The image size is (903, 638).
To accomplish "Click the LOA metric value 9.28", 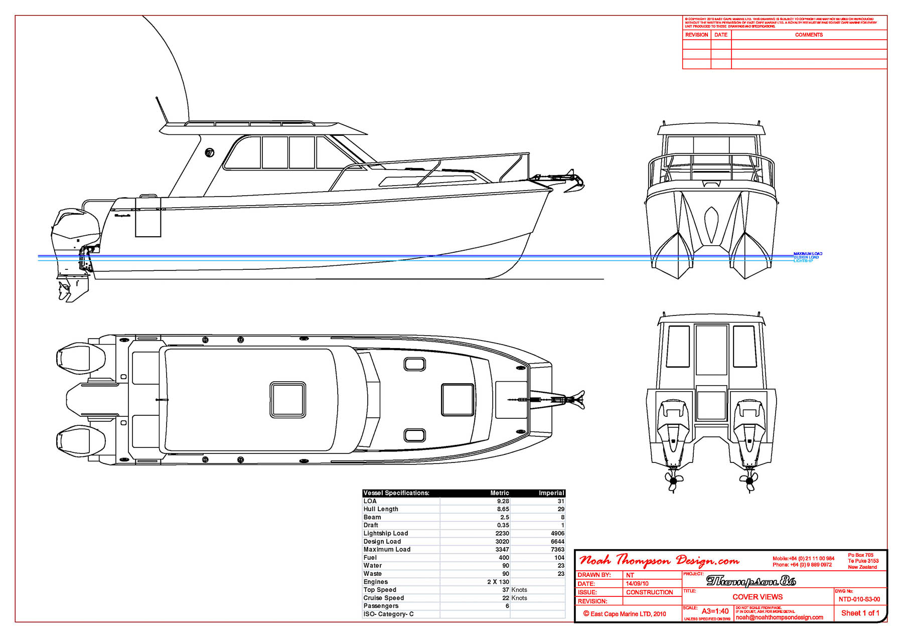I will pos(503,501).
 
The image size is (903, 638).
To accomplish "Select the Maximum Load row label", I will pos(387,549).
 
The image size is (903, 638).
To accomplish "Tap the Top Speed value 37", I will pos(506,590).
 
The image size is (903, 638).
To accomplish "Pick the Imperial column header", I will pos(551,493).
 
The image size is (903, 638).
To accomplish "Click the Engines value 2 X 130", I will pos(498,582).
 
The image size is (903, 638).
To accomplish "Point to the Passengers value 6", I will pos(507,606).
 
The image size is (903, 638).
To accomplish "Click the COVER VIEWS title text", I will pos(757,597).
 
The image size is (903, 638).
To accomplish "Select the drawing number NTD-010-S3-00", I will pos(859,599).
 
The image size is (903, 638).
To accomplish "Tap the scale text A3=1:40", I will pos(715,611).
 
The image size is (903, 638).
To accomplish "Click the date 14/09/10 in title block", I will pos(637,584).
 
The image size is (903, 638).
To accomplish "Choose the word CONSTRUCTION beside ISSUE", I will pos(649,592).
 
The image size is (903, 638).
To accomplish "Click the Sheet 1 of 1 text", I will pos(860,613).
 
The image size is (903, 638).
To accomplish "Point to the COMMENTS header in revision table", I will pos(809,35).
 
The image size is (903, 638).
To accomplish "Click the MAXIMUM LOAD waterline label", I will pos(808,254).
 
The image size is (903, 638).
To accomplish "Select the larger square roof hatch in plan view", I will pos(288,400).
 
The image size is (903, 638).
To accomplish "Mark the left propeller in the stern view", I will pos(673,481).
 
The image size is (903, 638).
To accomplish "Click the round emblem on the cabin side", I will pos(210,152).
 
